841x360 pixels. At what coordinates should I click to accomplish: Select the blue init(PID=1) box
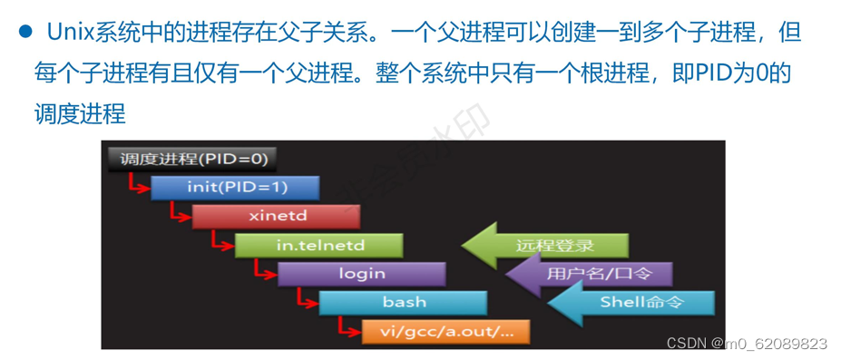tap(235, 188)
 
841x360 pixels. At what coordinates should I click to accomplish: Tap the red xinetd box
tap(276, 217)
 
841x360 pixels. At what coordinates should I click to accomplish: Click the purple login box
tap(361, 273)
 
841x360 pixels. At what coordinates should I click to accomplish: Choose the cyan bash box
tap(403, 302)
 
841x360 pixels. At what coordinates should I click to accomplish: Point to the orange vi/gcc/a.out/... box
tap(445, 331)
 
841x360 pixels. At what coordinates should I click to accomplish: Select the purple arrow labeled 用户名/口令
tap(590, 273)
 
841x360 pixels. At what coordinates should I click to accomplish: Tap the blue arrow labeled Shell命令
tap(631, 302)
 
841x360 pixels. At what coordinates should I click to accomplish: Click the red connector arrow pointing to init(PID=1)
tap(136, 185)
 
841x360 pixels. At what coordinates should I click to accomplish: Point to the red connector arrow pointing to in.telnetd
tap(220, 242)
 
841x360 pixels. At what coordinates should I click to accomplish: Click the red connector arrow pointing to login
tap(263, 270)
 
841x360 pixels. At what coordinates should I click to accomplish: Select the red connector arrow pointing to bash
tap(305, 299)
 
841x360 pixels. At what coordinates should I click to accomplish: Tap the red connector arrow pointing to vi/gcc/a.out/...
tap(347, 327)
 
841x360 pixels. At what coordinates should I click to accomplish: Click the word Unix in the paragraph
tap(69, 34)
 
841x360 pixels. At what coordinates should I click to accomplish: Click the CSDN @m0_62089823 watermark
tap(746, 344)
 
